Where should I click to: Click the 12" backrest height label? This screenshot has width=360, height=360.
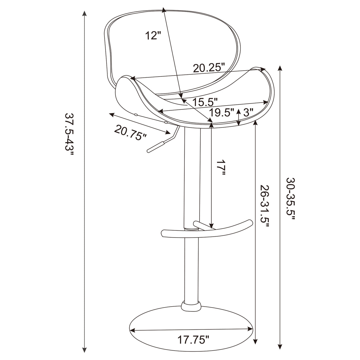point(153,36)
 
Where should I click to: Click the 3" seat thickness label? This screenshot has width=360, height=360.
point(248,112)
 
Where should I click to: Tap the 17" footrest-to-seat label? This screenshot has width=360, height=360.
point(221,168)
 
